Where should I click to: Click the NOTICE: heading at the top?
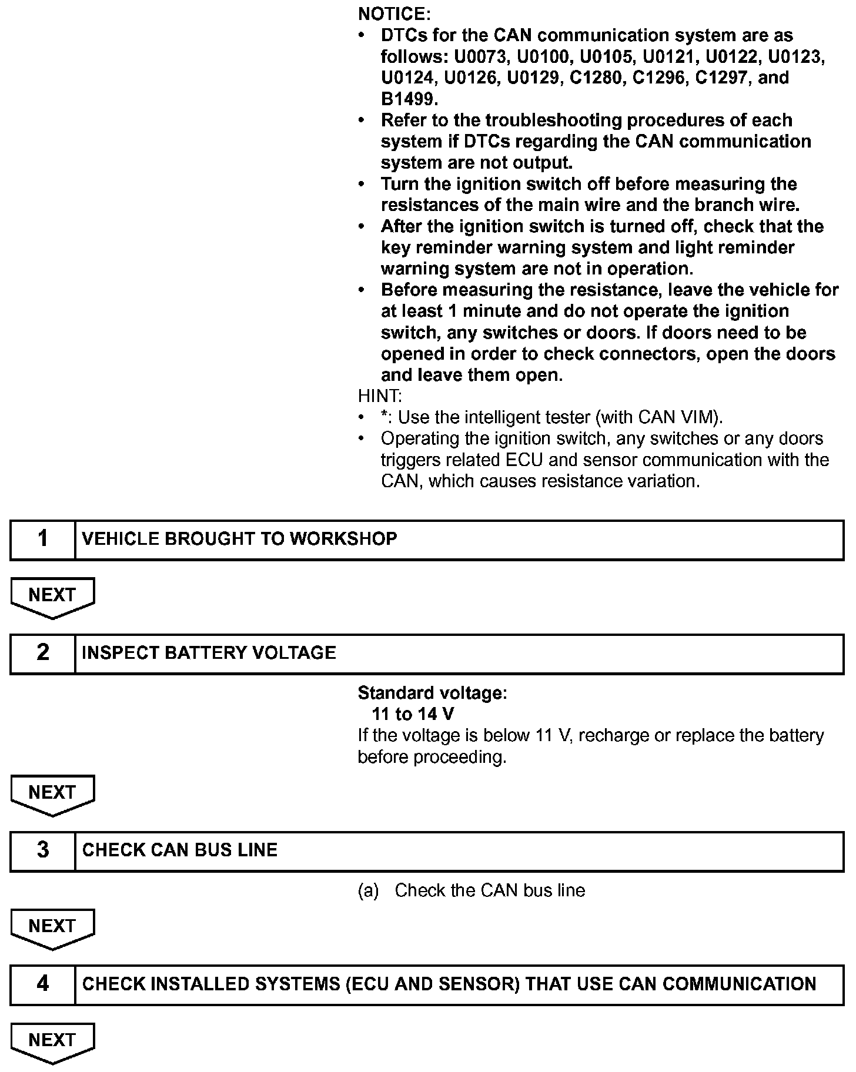click(394, 14)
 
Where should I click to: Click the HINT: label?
click(380, 396)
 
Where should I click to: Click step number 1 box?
click(43, 539)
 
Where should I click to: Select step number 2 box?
click(43, 653)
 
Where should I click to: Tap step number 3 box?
click(43, 850)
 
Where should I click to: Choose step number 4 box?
click(43, 984)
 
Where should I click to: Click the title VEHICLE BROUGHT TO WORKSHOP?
click(239, 539)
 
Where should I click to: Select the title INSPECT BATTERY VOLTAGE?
click(209, 653)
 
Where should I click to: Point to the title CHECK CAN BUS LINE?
click(179, 850)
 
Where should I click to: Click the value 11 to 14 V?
click(412, 715)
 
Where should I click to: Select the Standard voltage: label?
click(432, 694)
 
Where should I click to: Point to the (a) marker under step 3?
click(368, 891)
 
